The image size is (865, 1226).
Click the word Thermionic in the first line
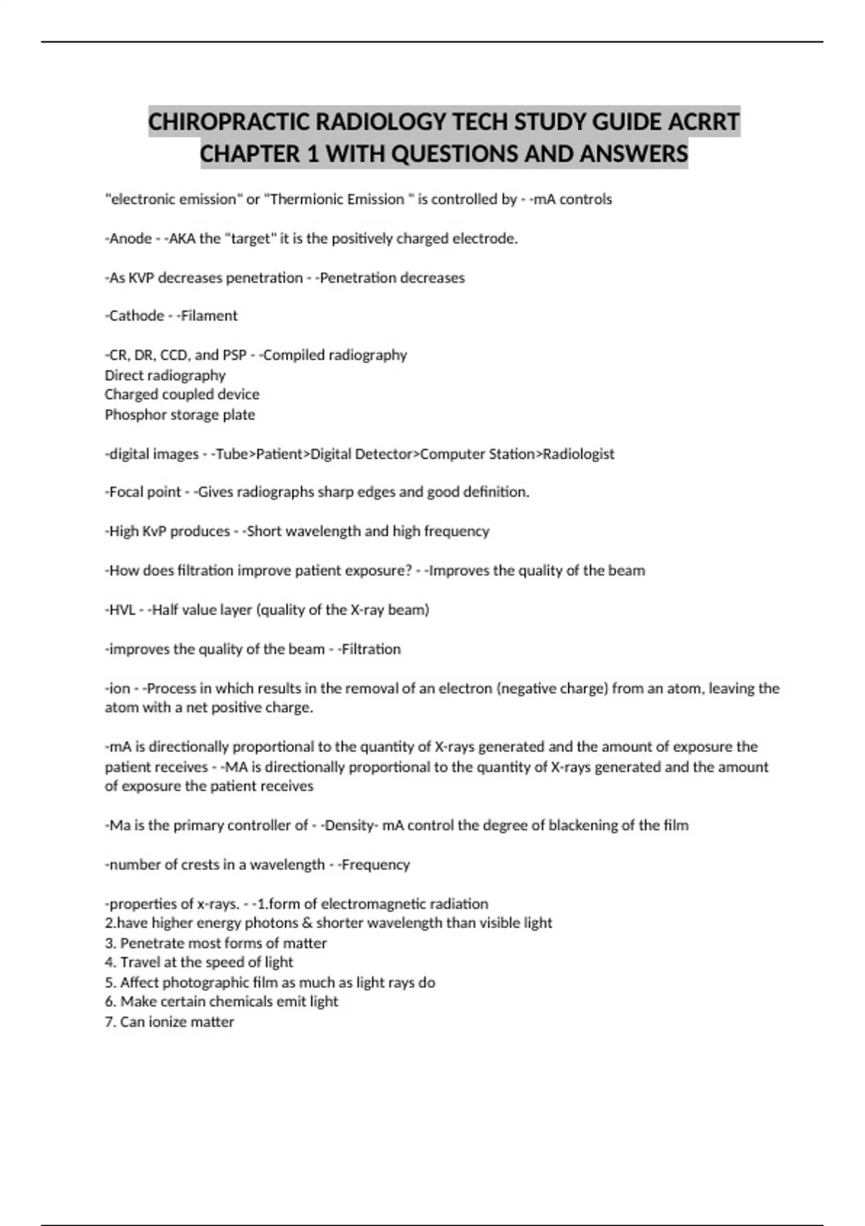click(x=303, y=199)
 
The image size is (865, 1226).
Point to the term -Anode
click(x=128, y=239)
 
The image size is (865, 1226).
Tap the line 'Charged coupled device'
click(x=182, y=394)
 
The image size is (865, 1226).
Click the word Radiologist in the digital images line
click(x=578, y=454)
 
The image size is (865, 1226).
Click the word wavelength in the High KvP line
click(x=323, y=532)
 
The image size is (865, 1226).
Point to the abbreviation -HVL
click(x=120, y=610)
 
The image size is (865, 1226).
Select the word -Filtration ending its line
click(x=368, y=649)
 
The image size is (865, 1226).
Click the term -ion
click(x=117, y=689)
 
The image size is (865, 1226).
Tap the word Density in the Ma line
click(x=349, y=825)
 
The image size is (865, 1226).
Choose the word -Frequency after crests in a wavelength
click(x=373, y=865)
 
